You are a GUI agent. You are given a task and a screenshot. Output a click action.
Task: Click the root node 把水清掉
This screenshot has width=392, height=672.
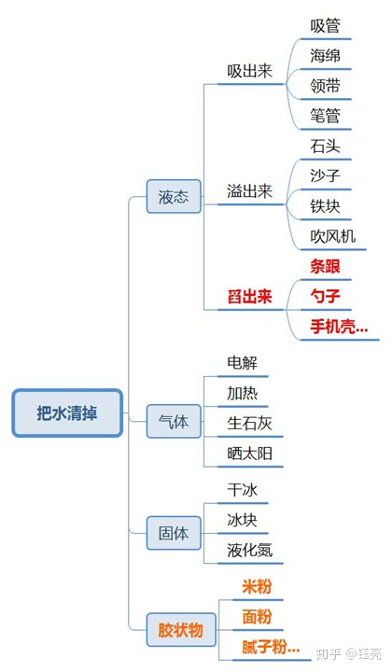67,413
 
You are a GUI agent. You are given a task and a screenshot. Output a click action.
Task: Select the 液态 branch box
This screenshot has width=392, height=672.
174,197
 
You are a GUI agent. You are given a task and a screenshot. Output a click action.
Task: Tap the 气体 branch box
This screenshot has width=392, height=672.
174,422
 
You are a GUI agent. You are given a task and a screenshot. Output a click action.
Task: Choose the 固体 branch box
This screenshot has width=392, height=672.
174,534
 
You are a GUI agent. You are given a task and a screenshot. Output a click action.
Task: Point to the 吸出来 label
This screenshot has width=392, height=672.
249,71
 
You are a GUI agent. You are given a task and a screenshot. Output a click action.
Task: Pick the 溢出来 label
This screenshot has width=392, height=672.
249,191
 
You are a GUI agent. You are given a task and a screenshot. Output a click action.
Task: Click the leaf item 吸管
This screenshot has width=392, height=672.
325,25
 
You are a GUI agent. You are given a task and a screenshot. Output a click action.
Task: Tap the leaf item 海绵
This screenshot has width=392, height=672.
325,55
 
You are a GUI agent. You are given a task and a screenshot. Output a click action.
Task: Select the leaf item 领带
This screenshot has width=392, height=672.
325,86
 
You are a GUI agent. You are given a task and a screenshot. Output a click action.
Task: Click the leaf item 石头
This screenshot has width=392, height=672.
325,147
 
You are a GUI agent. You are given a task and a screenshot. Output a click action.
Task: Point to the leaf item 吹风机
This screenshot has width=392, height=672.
332,236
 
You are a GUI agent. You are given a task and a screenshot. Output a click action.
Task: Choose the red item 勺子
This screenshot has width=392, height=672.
325,297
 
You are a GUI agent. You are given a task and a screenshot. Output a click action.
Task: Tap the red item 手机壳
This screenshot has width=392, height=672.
338,327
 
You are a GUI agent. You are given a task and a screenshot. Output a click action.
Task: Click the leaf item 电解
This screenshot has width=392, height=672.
242,362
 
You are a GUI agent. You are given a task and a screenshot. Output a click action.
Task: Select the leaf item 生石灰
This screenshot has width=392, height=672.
249,423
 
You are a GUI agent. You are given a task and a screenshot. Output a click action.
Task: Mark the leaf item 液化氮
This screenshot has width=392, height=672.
249,550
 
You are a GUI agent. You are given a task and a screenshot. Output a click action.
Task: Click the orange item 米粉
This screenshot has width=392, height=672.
257,586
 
